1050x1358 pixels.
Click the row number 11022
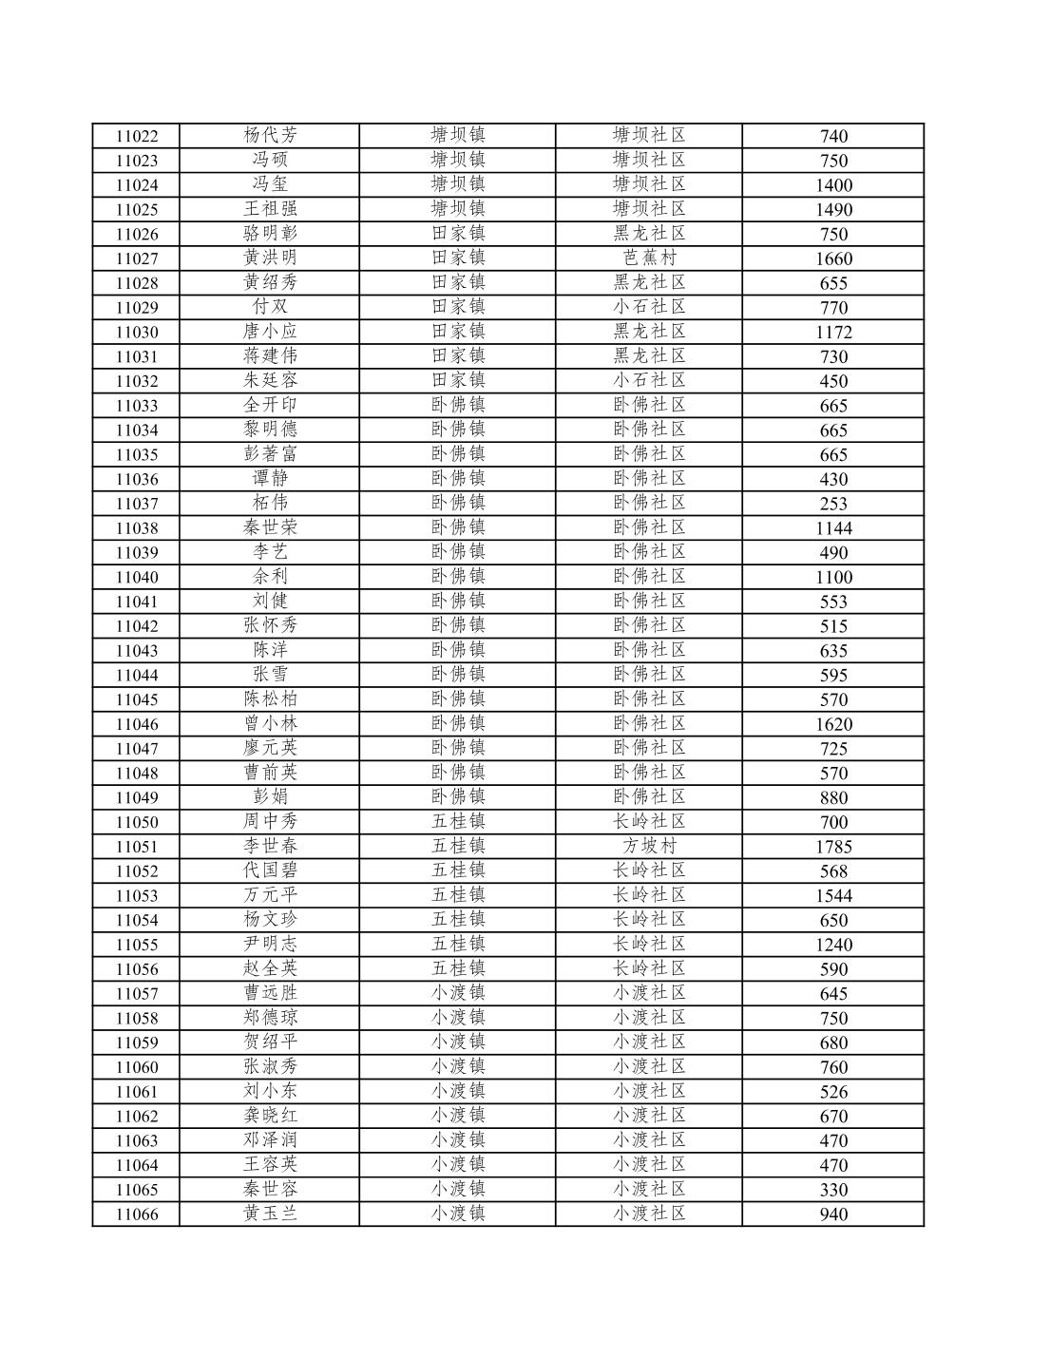point(137,136)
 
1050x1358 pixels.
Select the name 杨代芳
point(270,135)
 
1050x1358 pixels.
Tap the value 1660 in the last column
point(833,258)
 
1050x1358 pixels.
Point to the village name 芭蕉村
point(649,258)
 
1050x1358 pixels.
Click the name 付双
point(270,307)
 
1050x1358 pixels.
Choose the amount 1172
point(833,332)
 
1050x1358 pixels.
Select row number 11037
point(137,504)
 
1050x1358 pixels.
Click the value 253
point(833,504)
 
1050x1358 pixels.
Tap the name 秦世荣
point(270,527)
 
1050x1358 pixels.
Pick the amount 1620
point(833,724)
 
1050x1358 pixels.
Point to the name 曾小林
point(270,723)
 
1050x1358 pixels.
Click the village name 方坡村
point(649,846)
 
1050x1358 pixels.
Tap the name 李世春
point(270,846)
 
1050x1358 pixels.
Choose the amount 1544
point(833,895)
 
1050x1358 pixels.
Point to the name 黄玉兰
point(270,1214)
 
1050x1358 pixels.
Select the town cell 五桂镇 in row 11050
point(458,821)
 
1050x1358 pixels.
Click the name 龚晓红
point(270,1116)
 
